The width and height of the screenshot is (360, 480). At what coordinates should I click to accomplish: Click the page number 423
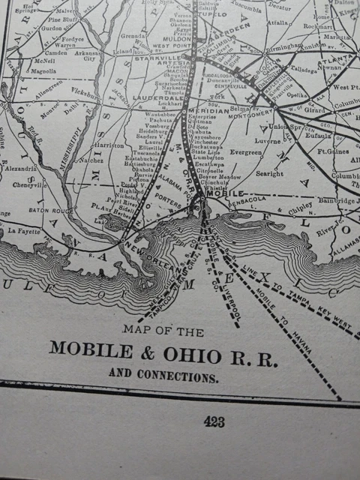214,422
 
